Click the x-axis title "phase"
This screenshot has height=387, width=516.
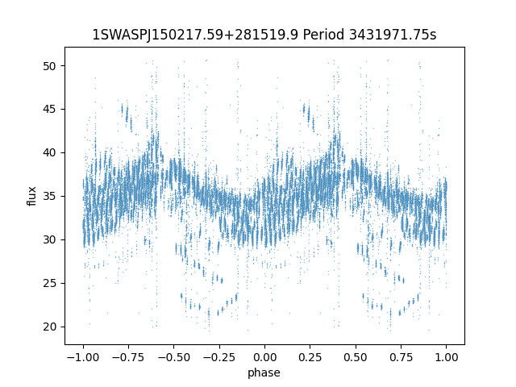tap(264, 372)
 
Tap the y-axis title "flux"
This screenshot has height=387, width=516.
tap(32, 196)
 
